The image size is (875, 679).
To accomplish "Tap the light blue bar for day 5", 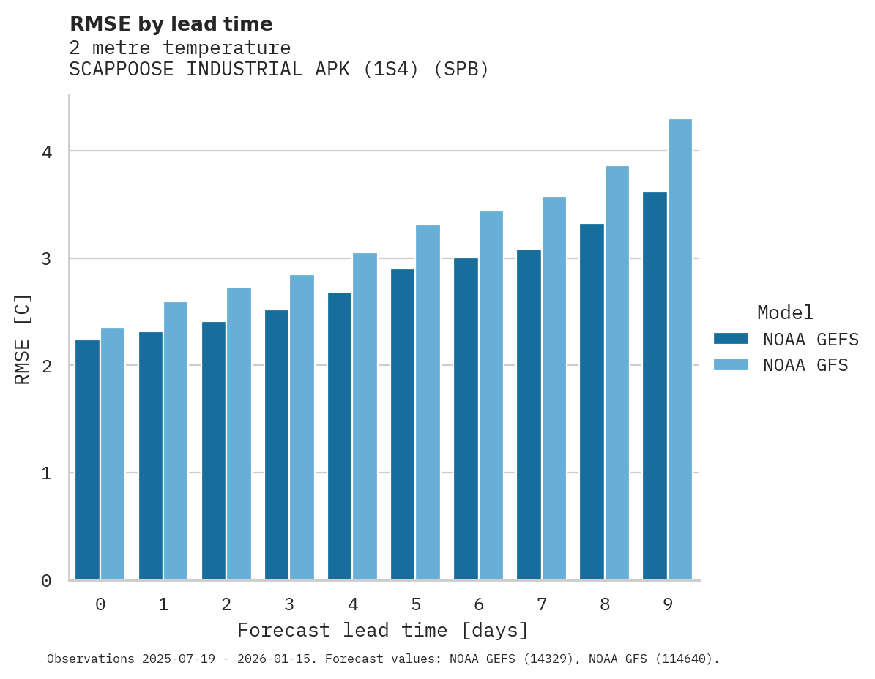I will click(428, 402).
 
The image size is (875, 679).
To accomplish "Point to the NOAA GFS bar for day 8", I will click(617, 373).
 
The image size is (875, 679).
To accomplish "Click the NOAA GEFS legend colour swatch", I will click(731, 339).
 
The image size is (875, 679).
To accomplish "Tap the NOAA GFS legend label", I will click(805, 365).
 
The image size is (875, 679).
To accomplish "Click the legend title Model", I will click(785, 312).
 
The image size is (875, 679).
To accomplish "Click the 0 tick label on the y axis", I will click(45, 581).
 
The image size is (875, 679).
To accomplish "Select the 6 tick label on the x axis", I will click(479, 604).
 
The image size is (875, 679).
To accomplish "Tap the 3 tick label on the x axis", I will click(289, 604).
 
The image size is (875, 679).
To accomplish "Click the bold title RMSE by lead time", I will click(171, 24).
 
